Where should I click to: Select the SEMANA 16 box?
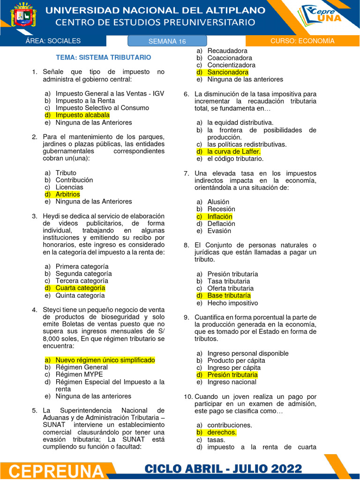(x=167, y=41)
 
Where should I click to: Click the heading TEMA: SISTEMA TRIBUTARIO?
(x=104, y=57)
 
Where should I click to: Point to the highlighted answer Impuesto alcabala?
(x=82, y=115)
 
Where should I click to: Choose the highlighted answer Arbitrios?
(x=67, y=194)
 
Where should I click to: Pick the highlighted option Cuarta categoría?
(x=80, y=288)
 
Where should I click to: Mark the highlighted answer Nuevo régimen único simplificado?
(x=105, y=360)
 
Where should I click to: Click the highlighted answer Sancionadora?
(x=228, y=72)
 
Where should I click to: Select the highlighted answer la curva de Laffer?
(x=234, y=151)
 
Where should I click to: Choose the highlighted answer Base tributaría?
(x=229, y=296)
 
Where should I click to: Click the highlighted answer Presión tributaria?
(x=232, y=375)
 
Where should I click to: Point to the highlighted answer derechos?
(x=222, y=433)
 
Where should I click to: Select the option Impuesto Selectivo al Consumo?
(x=102, y=108)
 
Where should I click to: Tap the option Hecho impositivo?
(x=232, y=303)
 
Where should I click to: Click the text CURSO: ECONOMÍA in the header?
(x=302, y=41)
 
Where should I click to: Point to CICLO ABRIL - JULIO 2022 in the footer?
(x=223, y=469)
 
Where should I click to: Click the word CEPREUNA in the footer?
(x=56, y=471)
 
